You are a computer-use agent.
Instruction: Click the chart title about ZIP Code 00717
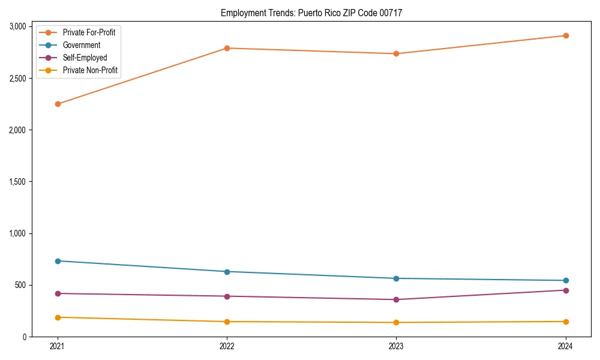pyautogui.click(x=311, y=13)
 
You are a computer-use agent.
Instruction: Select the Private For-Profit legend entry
pyautogui.click(x=89, y=32)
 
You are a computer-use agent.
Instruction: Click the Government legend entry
pyautogui.click(x=82, y=45)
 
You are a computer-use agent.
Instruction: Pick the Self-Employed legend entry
pyautogui.click(x=85, y=58)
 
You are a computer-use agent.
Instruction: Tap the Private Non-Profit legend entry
pyautogui.click(x=90, y=70)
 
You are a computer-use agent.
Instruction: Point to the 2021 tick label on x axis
pyautogui.click(x=58, y=346)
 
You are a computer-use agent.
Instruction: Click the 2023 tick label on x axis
pyautogui.click(x=396, y=346)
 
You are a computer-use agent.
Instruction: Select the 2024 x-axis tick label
pyautogui.click(x=565, y=346)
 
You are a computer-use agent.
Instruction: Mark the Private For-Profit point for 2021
pyautogui.click(x=58, y=104)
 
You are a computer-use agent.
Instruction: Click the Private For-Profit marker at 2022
pyautogui.click(x=227, y=48)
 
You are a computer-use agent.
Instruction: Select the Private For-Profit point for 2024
pyautogui.click(x=565, y=35)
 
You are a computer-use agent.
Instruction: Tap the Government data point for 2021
pyautogui.click(x=58, y=261)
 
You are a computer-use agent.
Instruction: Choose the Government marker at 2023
pyautogui.click(x=396, y=278)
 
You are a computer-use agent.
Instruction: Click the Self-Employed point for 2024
pyautogui.click(x=565, y=290)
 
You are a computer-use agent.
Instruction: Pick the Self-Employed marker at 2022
pyautogui.click(x=227, y=296)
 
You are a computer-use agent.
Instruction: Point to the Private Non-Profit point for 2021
pyautogui.click(x=58, y=317)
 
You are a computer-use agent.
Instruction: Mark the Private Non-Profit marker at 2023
pyautogui.click(x=396, y=323)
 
